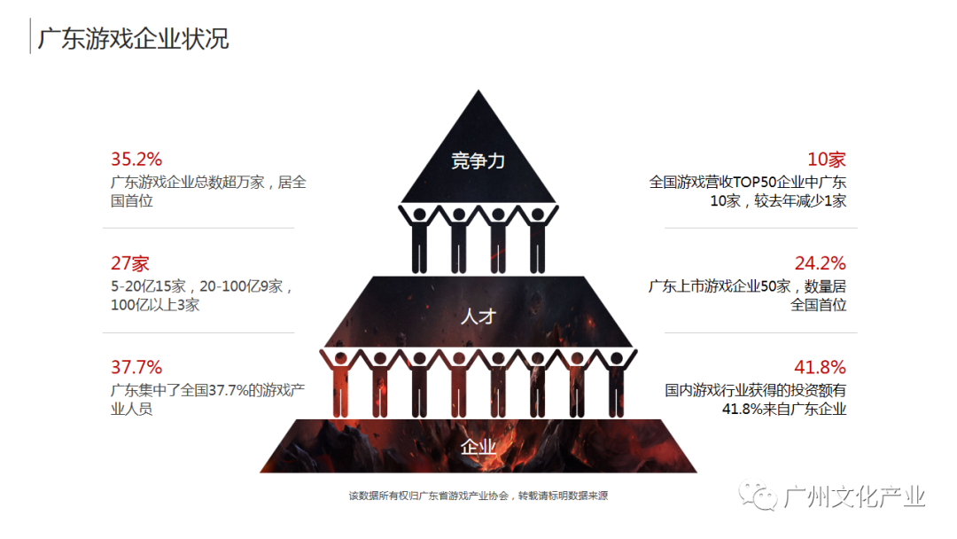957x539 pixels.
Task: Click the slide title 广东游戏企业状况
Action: (x=133, y=39)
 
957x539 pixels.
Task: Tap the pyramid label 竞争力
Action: (x=478, y=160)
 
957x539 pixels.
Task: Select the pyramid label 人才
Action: (x=478, y=316)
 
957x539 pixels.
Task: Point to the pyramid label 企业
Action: (x=478, y=446)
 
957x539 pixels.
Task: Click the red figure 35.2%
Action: (x=136, y=160)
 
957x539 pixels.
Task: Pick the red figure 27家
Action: (x=130, y=263)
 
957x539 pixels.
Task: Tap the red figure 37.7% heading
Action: (x=136, y=367)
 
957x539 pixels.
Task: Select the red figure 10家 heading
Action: (x=826, y=160)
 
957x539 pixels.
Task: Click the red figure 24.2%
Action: (x=820, y=263)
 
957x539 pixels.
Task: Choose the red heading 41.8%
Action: (x=820, y=367)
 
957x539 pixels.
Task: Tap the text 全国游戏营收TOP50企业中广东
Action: (x=748, y=183)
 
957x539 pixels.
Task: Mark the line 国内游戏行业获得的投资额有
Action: (x=756, y=390)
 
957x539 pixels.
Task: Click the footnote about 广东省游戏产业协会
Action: (x=478, y=496)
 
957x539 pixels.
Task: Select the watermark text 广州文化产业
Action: (x=855, y=496)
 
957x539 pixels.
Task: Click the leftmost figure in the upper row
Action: (x=419, y=238)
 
